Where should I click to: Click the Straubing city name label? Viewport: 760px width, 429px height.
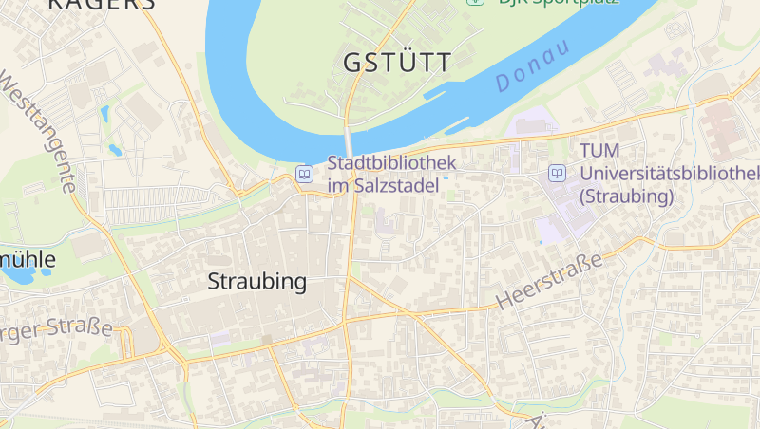click(x=257, y=282)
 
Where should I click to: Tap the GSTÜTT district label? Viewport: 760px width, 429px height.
click(x=397, y=63)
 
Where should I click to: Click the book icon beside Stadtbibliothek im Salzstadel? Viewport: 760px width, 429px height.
click(x=305, y=174)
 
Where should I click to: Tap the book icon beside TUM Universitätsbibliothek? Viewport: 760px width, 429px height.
click(x=557, y=174)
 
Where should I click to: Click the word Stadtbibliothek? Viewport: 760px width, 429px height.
click(x=391, y=163)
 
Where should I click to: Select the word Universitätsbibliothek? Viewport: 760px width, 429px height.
click(x=670, y=175)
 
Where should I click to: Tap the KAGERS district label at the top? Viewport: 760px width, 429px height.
click(x=101, y=5)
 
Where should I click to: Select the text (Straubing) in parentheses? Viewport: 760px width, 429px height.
click(x=626, y=197)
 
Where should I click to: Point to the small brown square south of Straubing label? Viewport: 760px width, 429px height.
click(x=268, y=339)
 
